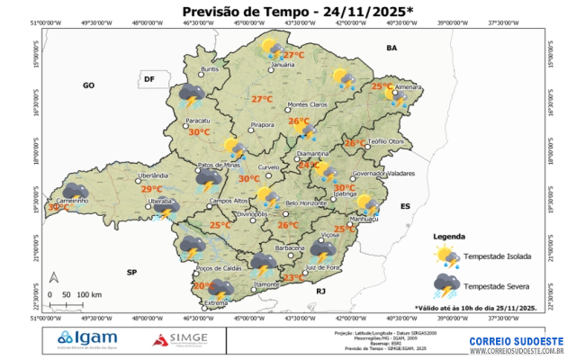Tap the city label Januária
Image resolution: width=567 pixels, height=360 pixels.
tap(283, 65)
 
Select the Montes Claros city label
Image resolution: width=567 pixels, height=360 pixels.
tap(306, 104)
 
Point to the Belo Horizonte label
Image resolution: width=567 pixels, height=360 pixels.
tap(304, 204)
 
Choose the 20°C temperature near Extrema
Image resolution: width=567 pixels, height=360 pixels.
tap(203, 286)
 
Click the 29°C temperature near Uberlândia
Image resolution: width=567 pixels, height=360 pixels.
tap(152, 189)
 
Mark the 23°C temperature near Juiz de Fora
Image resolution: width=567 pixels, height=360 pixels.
tap(292, 278)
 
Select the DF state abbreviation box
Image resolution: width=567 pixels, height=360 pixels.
tap(150, 80)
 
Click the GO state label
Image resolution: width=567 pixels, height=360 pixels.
tap(88, 85)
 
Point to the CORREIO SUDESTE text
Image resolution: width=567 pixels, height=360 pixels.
tap(516, 341)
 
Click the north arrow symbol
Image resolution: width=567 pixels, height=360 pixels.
tap(53, 278)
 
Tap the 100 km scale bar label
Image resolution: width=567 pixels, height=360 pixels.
tap(88, 295)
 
